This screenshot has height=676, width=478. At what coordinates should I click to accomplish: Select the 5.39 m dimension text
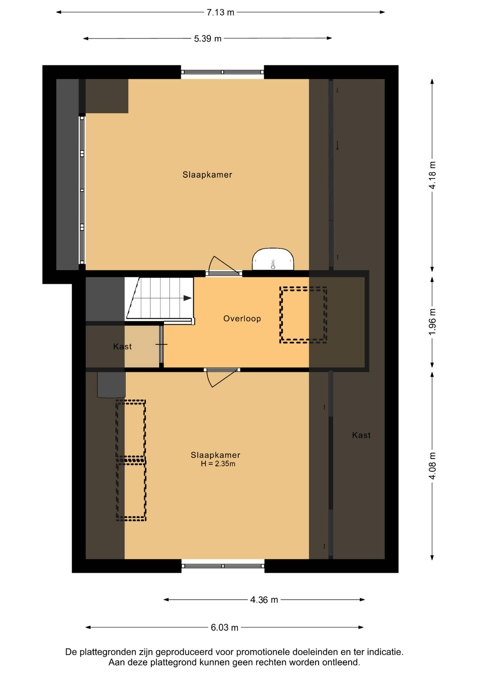208,39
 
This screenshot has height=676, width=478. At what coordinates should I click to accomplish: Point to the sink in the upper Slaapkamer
273,259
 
